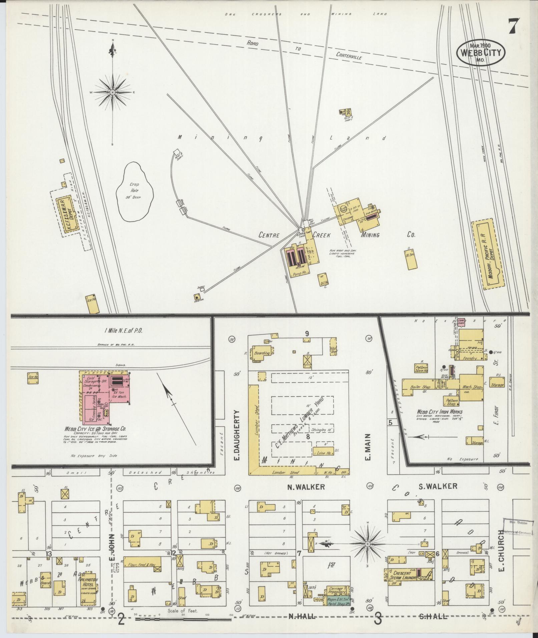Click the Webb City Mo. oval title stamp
[x=481, y=53]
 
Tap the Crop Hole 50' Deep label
[x=135, y=190]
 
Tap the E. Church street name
[x=501, y=550]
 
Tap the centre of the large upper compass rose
[x=112, y=92]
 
